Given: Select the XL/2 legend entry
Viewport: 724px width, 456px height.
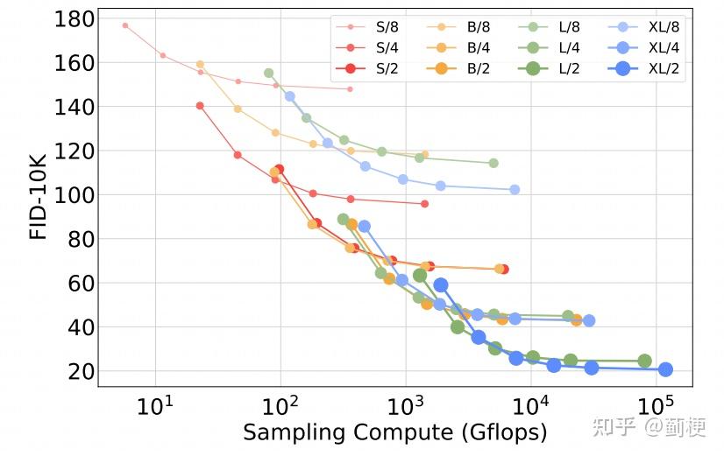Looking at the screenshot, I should (x=645, y=68).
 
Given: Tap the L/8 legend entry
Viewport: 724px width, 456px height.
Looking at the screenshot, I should (x=554, y=28).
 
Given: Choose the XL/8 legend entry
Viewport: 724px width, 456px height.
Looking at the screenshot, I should (x=645, y=28).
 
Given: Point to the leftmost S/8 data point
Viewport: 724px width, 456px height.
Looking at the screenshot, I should (x=125, y=25).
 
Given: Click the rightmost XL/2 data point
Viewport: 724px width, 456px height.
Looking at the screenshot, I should (x=665, y=369).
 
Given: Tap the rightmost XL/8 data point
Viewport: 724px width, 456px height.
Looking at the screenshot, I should (x=515, y=189).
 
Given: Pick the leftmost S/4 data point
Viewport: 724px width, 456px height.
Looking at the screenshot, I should (x=200, y=106).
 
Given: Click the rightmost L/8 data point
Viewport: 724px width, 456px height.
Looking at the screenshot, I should (x=493, y=163).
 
